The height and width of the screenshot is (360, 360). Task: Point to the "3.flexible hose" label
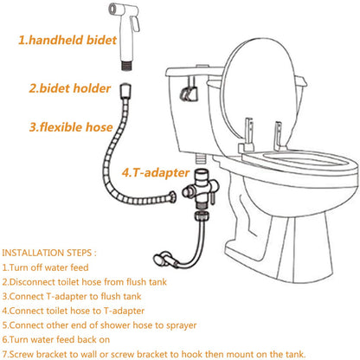point(71,127)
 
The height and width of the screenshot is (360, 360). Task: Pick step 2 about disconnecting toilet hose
point(85,282)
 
